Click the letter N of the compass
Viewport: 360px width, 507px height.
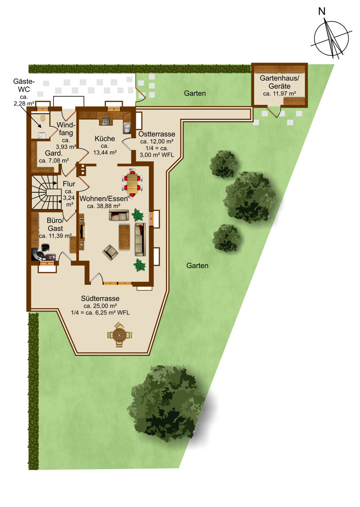pyautogui.click(x=322, y=11)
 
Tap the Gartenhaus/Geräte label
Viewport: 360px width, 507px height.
pyautogui.click(x=280, y=82)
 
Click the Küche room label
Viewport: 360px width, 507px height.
pyautogui.click(x=105, y=138)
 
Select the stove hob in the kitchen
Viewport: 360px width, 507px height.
pyautogui.click(x=106, y=121)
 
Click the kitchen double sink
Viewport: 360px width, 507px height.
pyautogui.click(x=127, y=128)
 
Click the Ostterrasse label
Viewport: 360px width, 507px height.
pyautogui.click(x=157, y=134)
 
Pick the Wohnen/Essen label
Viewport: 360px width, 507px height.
pyautogui.click(x=104, y=198)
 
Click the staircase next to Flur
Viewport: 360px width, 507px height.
pyautogui.click(x=46, y=192)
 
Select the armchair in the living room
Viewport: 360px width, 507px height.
pyautogui.click(x=110, y=253)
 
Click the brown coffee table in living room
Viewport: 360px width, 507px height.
pyautogui.click(x=124, y=237)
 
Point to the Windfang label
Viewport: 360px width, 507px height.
pyautogui.click(x=66, y=128)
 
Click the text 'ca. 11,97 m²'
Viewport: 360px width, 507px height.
pyautogui.click(x=280, y=93)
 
